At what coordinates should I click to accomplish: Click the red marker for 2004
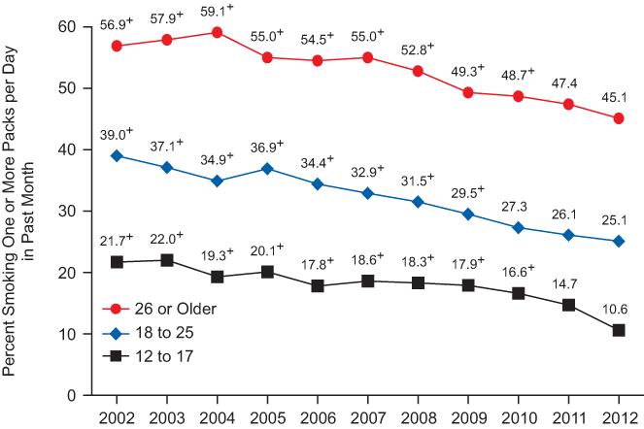tap(217, 32)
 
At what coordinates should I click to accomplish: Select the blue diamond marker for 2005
tap(267, 169)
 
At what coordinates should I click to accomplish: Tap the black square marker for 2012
tap(618, 330)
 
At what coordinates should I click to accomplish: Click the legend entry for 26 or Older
tap(160, 309)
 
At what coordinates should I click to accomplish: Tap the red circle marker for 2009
tap(468, 92)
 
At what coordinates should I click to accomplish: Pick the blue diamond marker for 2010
tap(518, 227)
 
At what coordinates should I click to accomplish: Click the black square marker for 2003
tap(167, 260)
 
